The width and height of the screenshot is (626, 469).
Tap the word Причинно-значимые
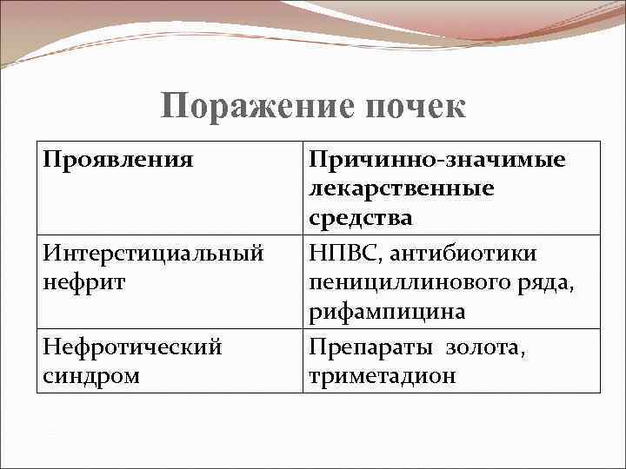437,161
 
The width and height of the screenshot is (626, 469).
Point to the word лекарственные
401,189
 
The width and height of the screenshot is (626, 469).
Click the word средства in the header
360,218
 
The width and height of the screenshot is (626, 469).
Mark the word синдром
90,375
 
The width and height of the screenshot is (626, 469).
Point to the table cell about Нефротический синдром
169,360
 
